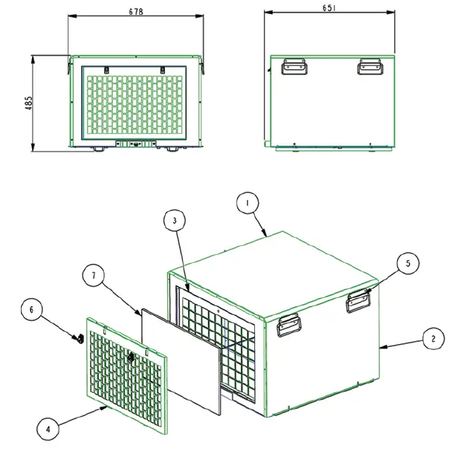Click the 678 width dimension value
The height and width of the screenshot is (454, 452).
(135, 12)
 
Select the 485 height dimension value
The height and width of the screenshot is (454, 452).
(28, 103)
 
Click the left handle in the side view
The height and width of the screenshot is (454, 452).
(292, 68)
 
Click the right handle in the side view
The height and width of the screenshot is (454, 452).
(369, 68)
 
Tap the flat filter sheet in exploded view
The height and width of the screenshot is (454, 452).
(182, 360)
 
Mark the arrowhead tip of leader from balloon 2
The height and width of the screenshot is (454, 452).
(381, 346)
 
